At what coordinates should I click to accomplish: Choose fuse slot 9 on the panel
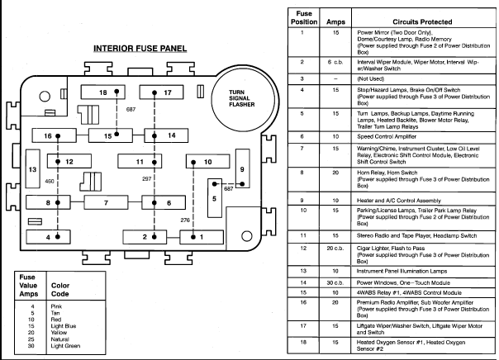(x=242, y=168)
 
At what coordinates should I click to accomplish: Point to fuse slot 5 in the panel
(x=214, y=198)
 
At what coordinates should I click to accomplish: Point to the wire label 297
(x=146, y=179)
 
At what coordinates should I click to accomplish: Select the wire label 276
(x=185, y=220)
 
